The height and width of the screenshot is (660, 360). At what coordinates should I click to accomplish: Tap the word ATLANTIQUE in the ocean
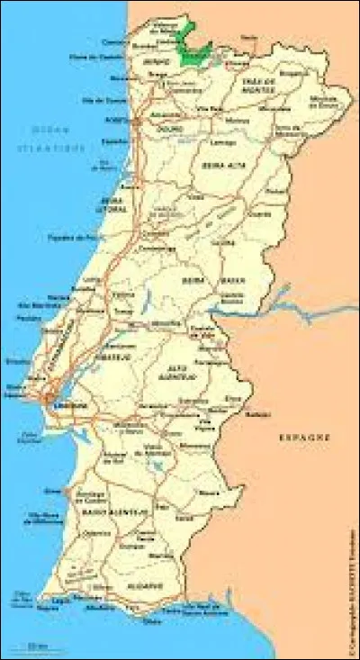coord(55,146)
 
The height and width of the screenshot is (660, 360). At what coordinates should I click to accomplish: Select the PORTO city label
coord(116,118)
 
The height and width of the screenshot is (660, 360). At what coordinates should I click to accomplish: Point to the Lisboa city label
coord(75,406)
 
